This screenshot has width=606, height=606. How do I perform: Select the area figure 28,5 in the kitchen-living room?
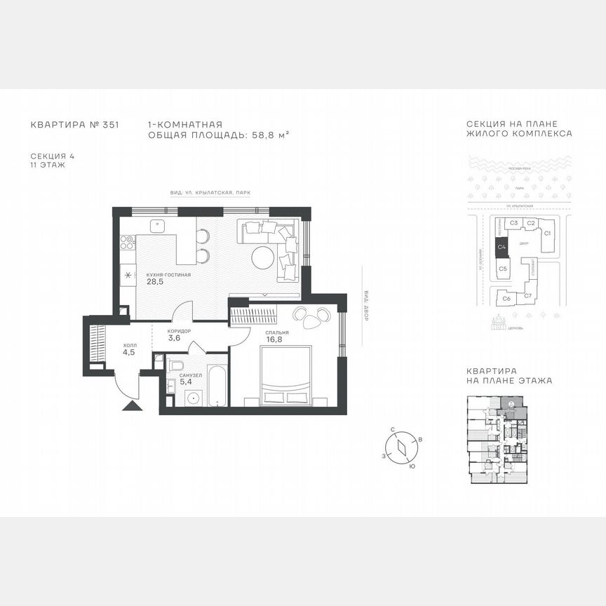[155, 282]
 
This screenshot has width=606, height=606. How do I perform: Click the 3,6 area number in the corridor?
[174, 338]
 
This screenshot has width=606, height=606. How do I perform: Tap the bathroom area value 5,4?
[185, 383]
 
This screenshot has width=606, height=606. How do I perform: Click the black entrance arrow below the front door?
[131, 405]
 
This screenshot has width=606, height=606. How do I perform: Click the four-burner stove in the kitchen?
[127, 242]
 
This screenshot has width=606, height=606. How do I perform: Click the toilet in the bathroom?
[175, 366]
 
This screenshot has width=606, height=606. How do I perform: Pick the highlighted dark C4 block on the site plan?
[501, 247]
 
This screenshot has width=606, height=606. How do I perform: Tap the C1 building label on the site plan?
[548, 232]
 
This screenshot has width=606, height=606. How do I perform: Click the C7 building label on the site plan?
[527, 296]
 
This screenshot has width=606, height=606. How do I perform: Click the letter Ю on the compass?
[412, 466]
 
